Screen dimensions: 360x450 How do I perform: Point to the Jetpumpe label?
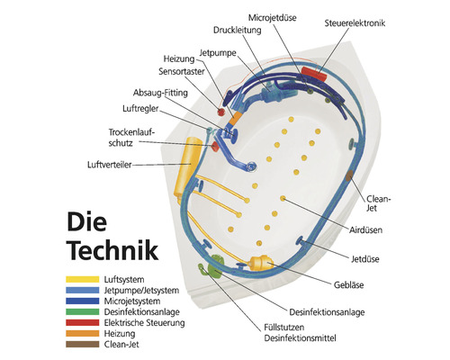tap(218, 53)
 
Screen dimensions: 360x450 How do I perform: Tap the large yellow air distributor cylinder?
tap(186, 163)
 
